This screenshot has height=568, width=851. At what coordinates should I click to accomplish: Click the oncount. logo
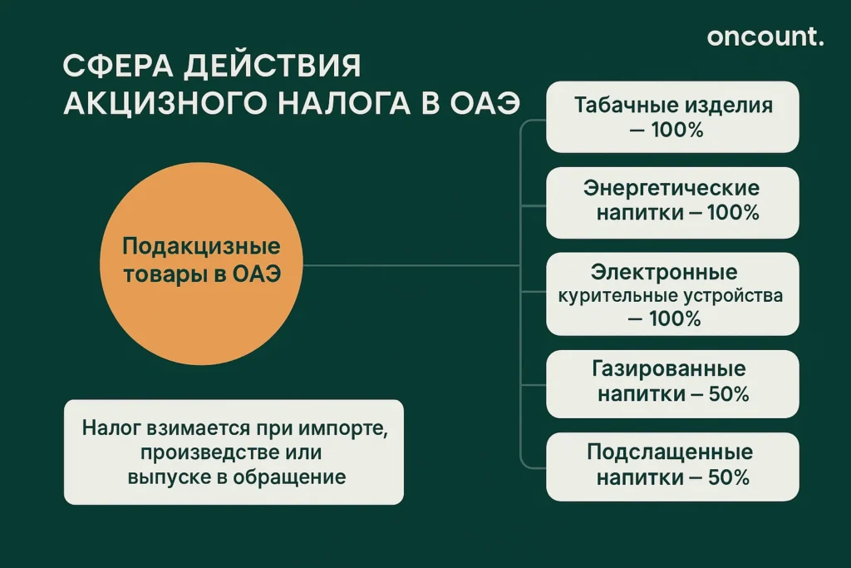click(765, 37)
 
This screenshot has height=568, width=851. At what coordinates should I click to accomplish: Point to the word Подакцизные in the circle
click(201, 247)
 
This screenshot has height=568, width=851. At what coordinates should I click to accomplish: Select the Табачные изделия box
click(672, 117)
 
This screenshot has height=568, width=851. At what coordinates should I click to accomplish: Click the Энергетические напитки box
click(672, 202)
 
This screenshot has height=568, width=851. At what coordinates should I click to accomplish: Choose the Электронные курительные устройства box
click(672, 294)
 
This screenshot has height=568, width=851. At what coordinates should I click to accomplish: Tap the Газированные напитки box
click(672, 382)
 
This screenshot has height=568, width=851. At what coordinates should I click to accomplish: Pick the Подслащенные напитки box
click(672, 465)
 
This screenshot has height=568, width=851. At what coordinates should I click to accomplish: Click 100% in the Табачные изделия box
click(676, 131)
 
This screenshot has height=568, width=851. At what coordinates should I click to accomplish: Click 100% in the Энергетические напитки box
click(733, 213)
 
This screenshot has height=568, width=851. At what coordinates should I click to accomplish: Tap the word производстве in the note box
click(197, 453)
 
